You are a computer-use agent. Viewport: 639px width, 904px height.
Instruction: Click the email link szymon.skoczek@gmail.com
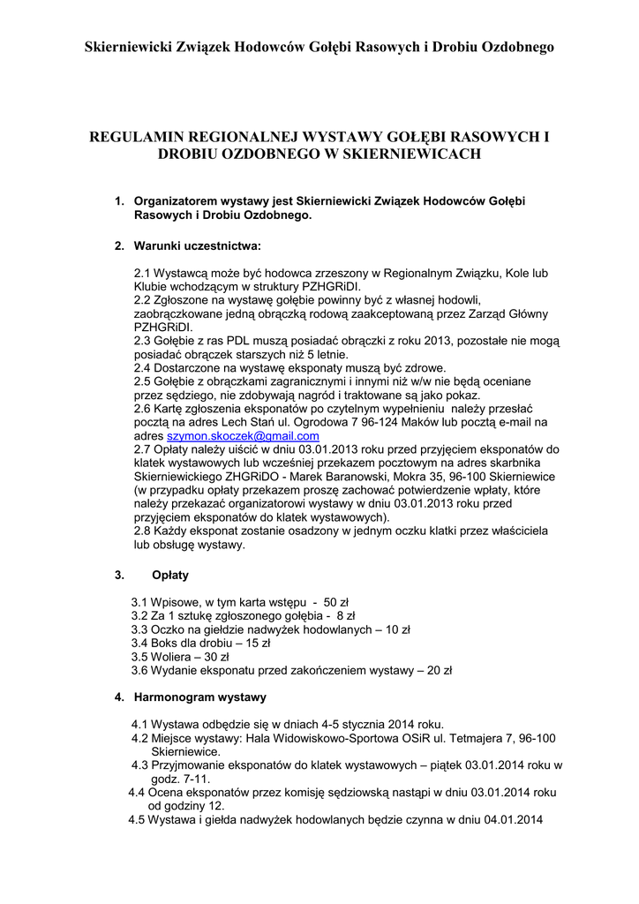(244, 436)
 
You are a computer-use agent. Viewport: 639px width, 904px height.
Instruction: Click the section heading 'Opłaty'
(170, 575)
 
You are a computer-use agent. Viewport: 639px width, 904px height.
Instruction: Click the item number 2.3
(142, 341)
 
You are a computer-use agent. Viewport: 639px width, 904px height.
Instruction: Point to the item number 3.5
(139, 657)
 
